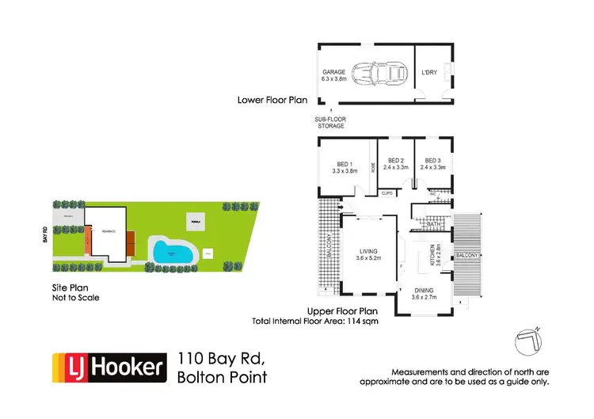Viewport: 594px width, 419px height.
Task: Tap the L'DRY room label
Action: pos(429,74)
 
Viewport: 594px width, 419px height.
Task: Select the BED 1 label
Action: pos(343,165)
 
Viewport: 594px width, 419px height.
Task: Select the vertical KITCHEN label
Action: pos(432,256)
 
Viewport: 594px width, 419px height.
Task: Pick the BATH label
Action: pos(432,225)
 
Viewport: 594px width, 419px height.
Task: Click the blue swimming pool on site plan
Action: pos(173,253)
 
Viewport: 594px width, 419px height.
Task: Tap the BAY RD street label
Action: pos(47,235)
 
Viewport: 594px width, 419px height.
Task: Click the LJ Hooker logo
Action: pos(109,368)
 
